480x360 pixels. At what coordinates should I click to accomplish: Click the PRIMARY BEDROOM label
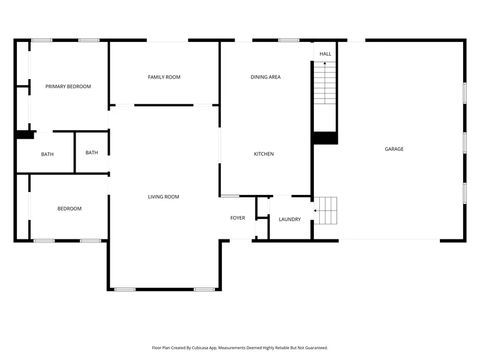click(68, 86)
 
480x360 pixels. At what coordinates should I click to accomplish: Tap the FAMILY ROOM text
click(164, 77)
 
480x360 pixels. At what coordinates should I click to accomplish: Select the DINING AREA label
click(265, 77)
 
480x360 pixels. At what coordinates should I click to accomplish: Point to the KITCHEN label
click(264, 154)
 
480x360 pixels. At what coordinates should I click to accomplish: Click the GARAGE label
click(394, 149)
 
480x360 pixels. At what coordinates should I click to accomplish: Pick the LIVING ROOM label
click(163, 197)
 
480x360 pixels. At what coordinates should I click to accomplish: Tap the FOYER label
click(238, 218)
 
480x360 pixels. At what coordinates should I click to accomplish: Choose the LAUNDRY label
click(290, 220)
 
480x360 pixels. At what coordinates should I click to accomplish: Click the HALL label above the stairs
click(325, 54)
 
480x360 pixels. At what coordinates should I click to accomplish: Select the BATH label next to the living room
click(92, 152)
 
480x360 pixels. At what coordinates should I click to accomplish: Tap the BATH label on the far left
click(47, 154)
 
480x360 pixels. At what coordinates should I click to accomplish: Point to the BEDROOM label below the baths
click(70, 209)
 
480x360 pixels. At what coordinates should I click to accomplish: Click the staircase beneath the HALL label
click(325, 83)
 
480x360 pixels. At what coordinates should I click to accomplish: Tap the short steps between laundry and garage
click(325, 211)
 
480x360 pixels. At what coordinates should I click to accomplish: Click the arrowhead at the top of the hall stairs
click(325, 63)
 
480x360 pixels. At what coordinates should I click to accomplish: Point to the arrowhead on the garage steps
click(315, 211)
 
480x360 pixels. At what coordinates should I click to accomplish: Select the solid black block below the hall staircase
click(325, 138)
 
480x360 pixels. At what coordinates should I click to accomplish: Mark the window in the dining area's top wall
click(289, 40)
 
